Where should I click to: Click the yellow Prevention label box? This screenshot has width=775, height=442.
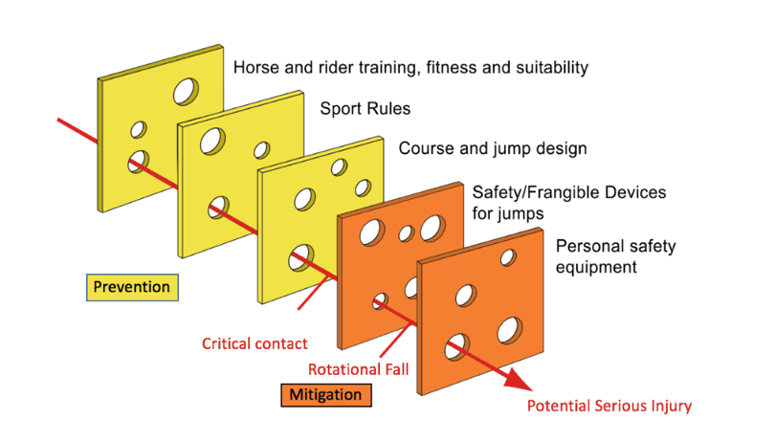(131, 286)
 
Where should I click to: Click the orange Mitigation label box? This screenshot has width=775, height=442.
(327, 394)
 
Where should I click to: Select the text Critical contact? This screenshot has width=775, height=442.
(255, 343)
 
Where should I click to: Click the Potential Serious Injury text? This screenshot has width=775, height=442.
(609, 407)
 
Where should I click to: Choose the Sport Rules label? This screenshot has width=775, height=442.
(365, 108)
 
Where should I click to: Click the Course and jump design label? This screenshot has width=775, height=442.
(493, 149)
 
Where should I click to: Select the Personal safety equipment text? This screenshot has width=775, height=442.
(615, 256)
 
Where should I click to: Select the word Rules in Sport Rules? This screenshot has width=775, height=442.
(388, 108)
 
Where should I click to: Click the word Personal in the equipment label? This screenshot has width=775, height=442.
(587, 246)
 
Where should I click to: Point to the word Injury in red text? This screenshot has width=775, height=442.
(669, 407)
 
